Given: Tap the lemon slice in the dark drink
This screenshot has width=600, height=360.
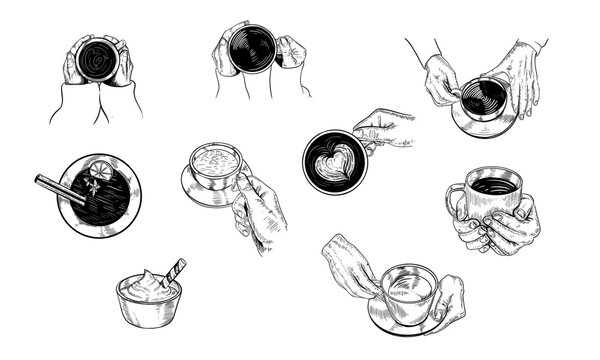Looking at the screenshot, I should (x=102, y=172).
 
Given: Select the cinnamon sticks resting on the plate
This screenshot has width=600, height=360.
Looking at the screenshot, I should (x=60, y=188).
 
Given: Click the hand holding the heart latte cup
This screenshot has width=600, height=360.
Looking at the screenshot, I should (x=385, y=128).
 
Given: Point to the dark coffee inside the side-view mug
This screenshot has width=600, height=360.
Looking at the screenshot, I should (x=494, y=185).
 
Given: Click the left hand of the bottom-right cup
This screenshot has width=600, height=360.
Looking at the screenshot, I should (x=351, y=266).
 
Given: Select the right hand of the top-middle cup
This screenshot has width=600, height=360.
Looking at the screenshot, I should (x=290, y=52).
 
